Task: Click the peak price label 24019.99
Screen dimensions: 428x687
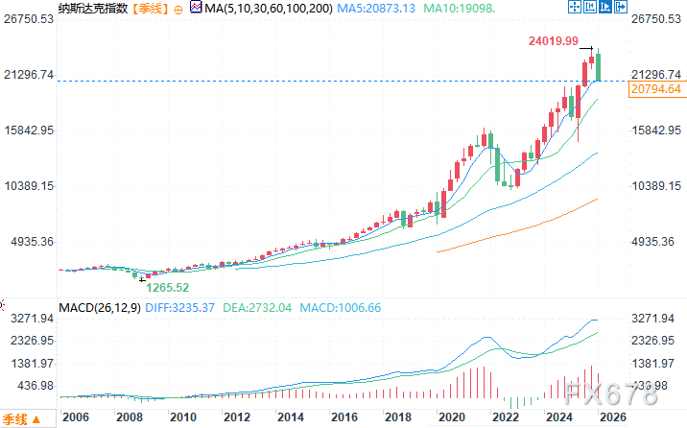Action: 553,41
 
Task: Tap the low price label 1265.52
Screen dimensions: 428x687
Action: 169,286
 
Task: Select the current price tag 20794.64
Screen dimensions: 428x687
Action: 656,89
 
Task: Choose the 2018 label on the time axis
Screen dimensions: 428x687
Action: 397,418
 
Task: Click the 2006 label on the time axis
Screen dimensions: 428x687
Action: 75,418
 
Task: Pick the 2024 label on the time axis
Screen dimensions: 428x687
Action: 558,418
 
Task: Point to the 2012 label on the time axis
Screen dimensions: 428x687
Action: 236,418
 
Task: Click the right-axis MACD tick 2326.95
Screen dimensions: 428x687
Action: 656,341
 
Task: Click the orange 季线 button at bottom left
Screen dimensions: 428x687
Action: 15,418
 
